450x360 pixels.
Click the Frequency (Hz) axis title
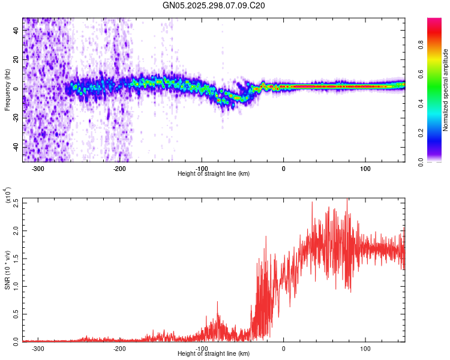[x=7, y=89]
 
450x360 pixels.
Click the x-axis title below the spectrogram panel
[x=214, y=174]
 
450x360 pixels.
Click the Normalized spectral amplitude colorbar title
[x=445, y=90]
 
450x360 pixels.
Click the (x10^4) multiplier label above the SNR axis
[x=7, y=196]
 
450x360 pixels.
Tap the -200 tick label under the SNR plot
[x=119, y=348]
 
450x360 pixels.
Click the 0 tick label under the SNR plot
[x=284, y=348]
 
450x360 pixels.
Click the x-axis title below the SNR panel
[x=214, y=354]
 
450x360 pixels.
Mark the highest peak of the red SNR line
[x=347, y=199]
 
